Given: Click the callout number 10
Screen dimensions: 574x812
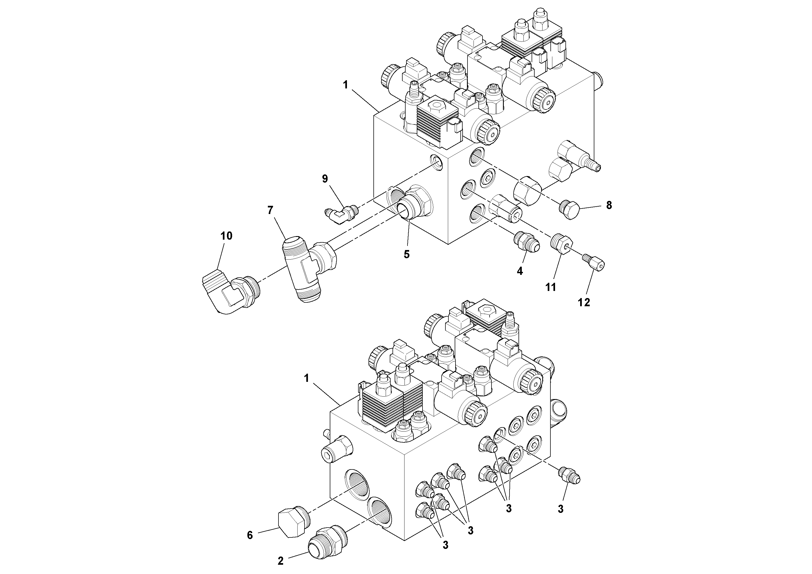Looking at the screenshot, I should (226, 236).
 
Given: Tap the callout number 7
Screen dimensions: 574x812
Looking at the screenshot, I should (270, 210).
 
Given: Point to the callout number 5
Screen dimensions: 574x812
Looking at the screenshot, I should (407, 254).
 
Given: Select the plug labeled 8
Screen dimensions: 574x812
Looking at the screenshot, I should (570, 210).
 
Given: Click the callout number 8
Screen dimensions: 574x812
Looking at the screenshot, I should (609, 205).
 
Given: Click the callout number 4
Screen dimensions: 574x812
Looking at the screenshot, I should (520, 271).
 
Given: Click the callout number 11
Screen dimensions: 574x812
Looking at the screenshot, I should (551, 287).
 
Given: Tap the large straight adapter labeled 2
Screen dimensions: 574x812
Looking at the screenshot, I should (327, 543).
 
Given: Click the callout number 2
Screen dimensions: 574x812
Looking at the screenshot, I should (280, 561).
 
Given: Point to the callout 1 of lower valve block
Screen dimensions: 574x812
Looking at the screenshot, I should (306, 378).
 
